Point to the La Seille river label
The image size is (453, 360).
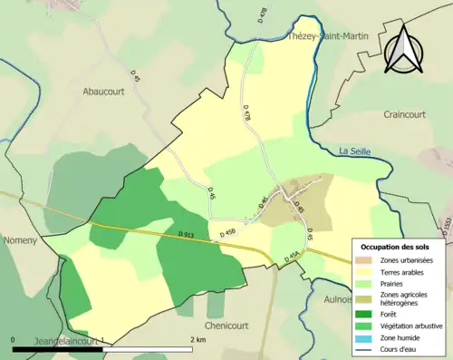357,150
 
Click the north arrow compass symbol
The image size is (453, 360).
405,49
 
